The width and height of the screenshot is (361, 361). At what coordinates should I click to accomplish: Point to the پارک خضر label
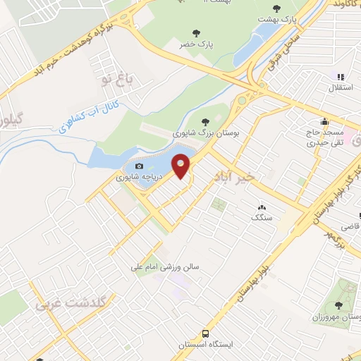coord(196,44)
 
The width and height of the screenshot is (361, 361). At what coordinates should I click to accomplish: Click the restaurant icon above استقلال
coord(340,77)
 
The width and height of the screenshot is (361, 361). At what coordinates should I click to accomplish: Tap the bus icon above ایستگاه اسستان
coord(205,332)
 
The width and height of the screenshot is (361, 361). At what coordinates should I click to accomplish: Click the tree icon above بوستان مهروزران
coord(338,305)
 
